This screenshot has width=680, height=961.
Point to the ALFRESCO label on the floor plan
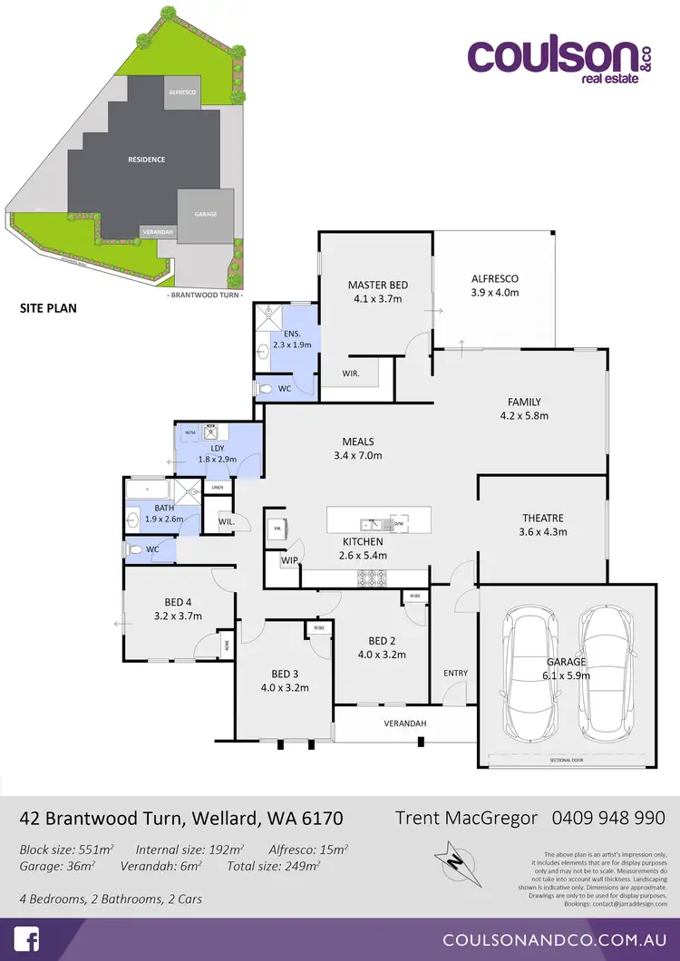coord(495,278)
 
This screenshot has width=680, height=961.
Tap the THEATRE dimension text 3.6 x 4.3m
coord(543,532)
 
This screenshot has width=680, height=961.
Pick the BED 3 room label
coord(285,674)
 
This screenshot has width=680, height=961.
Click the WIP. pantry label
coord(290,561)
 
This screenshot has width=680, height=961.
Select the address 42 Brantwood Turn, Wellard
coord(181,818)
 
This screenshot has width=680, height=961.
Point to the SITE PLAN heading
coord(48,308)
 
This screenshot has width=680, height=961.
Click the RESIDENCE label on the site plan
coord(146,160)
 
